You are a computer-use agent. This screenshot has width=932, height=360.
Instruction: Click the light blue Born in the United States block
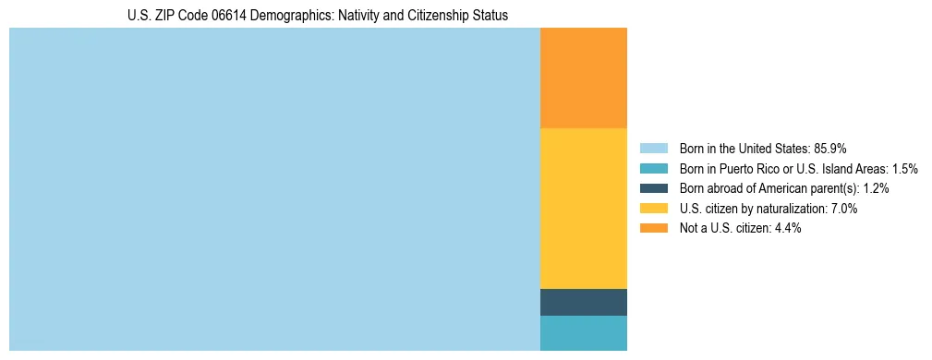coord(274,189)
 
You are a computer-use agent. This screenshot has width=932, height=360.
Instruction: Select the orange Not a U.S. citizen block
coord(584,78)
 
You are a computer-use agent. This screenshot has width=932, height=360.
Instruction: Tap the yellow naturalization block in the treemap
coord(584,208)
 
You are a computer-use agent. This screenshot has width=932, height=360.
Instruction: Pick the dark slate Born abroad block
coord(584,302)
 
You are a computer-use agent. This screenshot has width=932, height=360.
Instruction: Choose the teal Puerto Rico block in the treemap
coord(584,333)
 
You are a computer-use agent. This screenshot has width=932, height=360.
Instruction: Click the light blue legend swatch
coord(654,149)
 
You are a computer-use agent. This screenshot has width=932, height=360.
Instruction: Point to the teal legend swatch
coord(654,169)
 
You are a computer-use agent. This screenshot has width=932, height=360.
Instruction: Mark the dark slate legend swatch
coord(654,188)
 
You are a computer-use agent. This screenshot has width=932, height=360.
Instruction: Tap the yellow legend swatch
coord(654,209)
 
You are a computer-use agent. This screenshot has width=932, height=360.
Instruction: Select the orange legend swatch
coord(654,228)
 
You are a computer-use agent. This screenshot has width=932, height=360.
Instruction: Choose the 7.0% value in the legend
coord(842,209)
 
